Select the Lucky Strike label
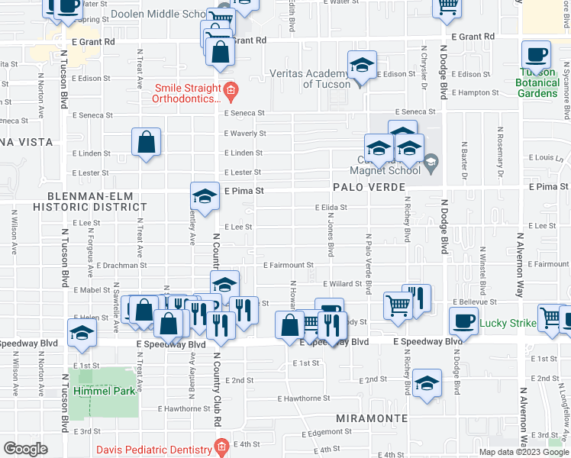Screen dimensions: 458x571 508,323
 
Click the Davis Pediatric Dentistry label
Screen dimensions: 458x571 158,447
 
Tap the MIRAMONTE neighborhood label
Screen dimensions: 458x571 364,419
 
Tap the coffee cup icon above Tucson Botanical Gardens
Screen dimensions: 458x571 536,56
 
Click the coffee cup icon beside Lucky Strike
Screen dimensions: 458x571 463,321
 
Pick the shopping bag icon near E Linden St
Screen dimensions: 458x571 145,142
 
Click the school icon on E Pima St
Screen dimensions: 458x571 205,198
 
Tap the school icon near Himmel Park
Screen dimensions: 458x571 82,333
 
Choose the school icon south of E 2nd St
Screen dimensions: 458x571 427,384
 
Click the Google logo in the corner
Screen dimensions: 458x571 25,449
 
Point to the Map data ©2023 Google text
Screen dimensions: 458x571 524,452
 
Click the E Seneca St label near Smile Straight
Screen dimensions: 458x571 244,112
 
